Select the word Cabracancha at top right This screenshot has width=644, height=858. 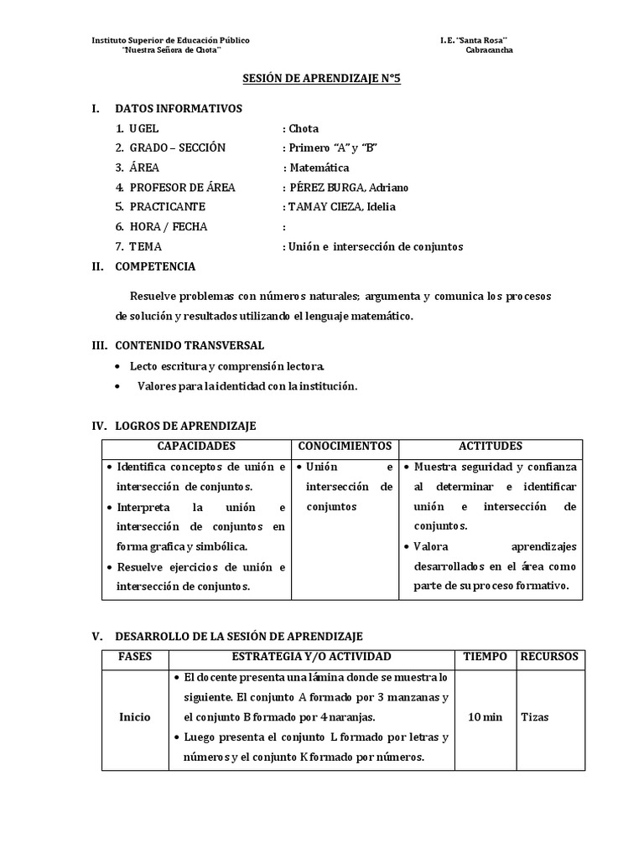pyautogui.click(x=490, y=50)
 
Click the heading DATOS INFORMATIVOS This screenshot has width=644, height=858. pyautogui.click(x=178, y=108)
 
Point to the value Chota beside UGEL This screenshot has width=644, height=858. pyautogui.click(x=304, y=128)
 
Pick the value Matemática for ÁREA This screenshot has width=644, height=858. pyautogui.click(x=319, y=168)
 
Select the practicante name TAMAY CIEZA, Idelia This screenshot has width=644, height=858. pyautogui.click(x=341, y=207)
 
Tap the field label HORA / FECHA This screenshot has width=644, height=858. pyautogui.click(x=168, y=226)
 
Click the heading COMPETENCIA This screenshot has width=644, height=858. pyautogui.click(x=155, y=266)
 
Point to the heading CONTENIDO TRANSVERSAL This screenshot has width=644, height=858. pyautogui.click(x=190, y=344)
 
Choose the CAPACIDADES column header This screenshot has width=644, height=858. pyautogui.click(x=196, y=447)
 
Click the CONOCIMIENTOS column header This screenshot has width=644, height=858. pyautogui.click(x=345, y=447)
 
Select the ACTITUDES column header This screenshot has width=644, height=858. pyautogui.click(x=490, y=447)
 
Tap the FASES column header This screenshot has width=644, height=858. pyautogui.click(x=135, y=656)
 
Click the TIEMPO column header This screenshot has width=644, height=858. pyautogui.click(x=486, y=656)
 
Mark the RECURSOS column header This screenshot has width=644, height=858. pyautogui.click(x=549, y=656)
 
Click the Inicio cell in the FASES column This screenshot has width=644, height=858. pyautogui.click(x=135, y=717)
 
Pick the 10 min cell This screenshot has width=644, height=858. pyautogui.click(x=486, y=717)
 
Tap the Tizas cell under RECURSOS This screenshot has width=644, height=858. pyautogui.click(x=535, y=717)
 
